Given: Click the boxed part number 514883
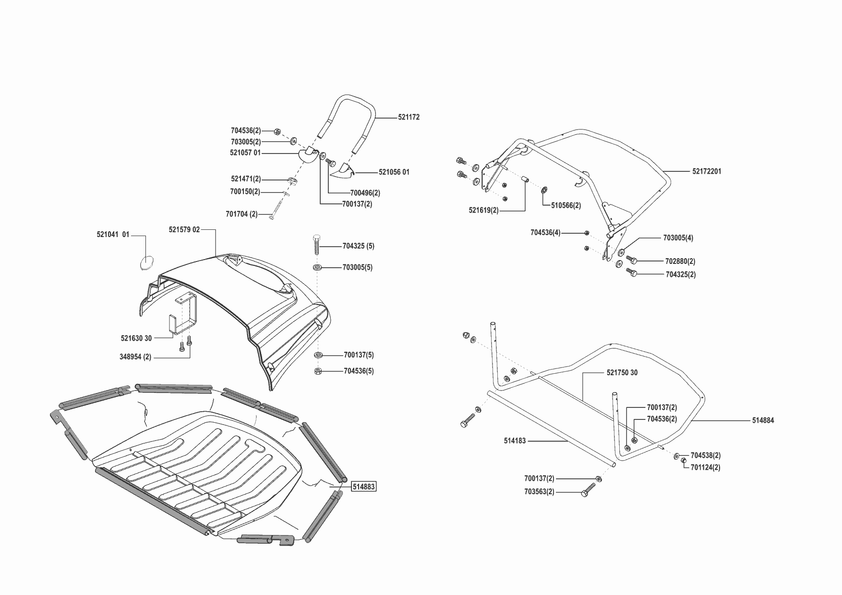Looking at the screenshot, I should pyautogui.click(x=364, y=487).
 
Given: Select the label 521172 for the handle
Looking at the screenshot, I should pyautogui.click(x=409, y=117).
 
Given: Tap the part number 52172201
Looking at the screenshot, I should pyautogui.click(x=706, y=171).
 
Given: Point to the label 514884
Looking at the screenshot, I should pyautogui.click(x=763, y=420).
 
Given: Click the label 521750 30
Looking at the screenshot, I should pyautogui.click(x=622, y=373).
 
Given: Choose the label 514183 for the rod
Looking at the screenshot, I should pyautogui.click(x=515, y=440).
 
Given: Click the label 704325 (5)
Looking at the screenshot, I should pyautogui.click(x=358, y=246).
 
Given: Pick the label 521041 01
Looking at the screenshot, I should pyautogui.click(x=113, y=235).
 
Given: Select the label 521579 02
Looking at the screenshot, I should pyautogui.click(x=184, y=230).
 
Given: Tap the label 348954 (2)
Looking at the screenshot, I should pyautogui.click(x=135, y=357).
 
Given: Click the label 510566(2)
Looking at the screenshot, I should pyautogui.click(x=566, y=205).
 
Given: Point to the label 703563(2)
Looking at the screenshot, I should pyautogui.click(x=539, y=492).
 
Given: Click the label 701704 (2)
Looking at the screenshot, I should pyautogui.click(x=241, y=214).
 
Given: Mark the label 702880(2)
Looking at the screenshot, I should pyautogui.click(x=680, y=262).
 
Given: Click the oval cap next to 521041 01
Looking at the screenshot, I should pyautogui.click(x=147, y=263).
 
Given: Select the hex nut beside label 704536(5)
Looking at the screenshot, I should pyautogui.click(x=318, y=371).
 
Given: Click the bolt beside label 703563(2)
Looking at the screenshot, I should pyautogui.click(x=588, y=490).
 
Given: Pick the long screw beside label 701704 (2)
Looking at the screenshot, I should pyautogui.click(x=277, y=209).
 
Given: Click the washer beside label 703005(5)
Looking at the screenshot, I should pyautogui.click(x=318, y=267).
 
